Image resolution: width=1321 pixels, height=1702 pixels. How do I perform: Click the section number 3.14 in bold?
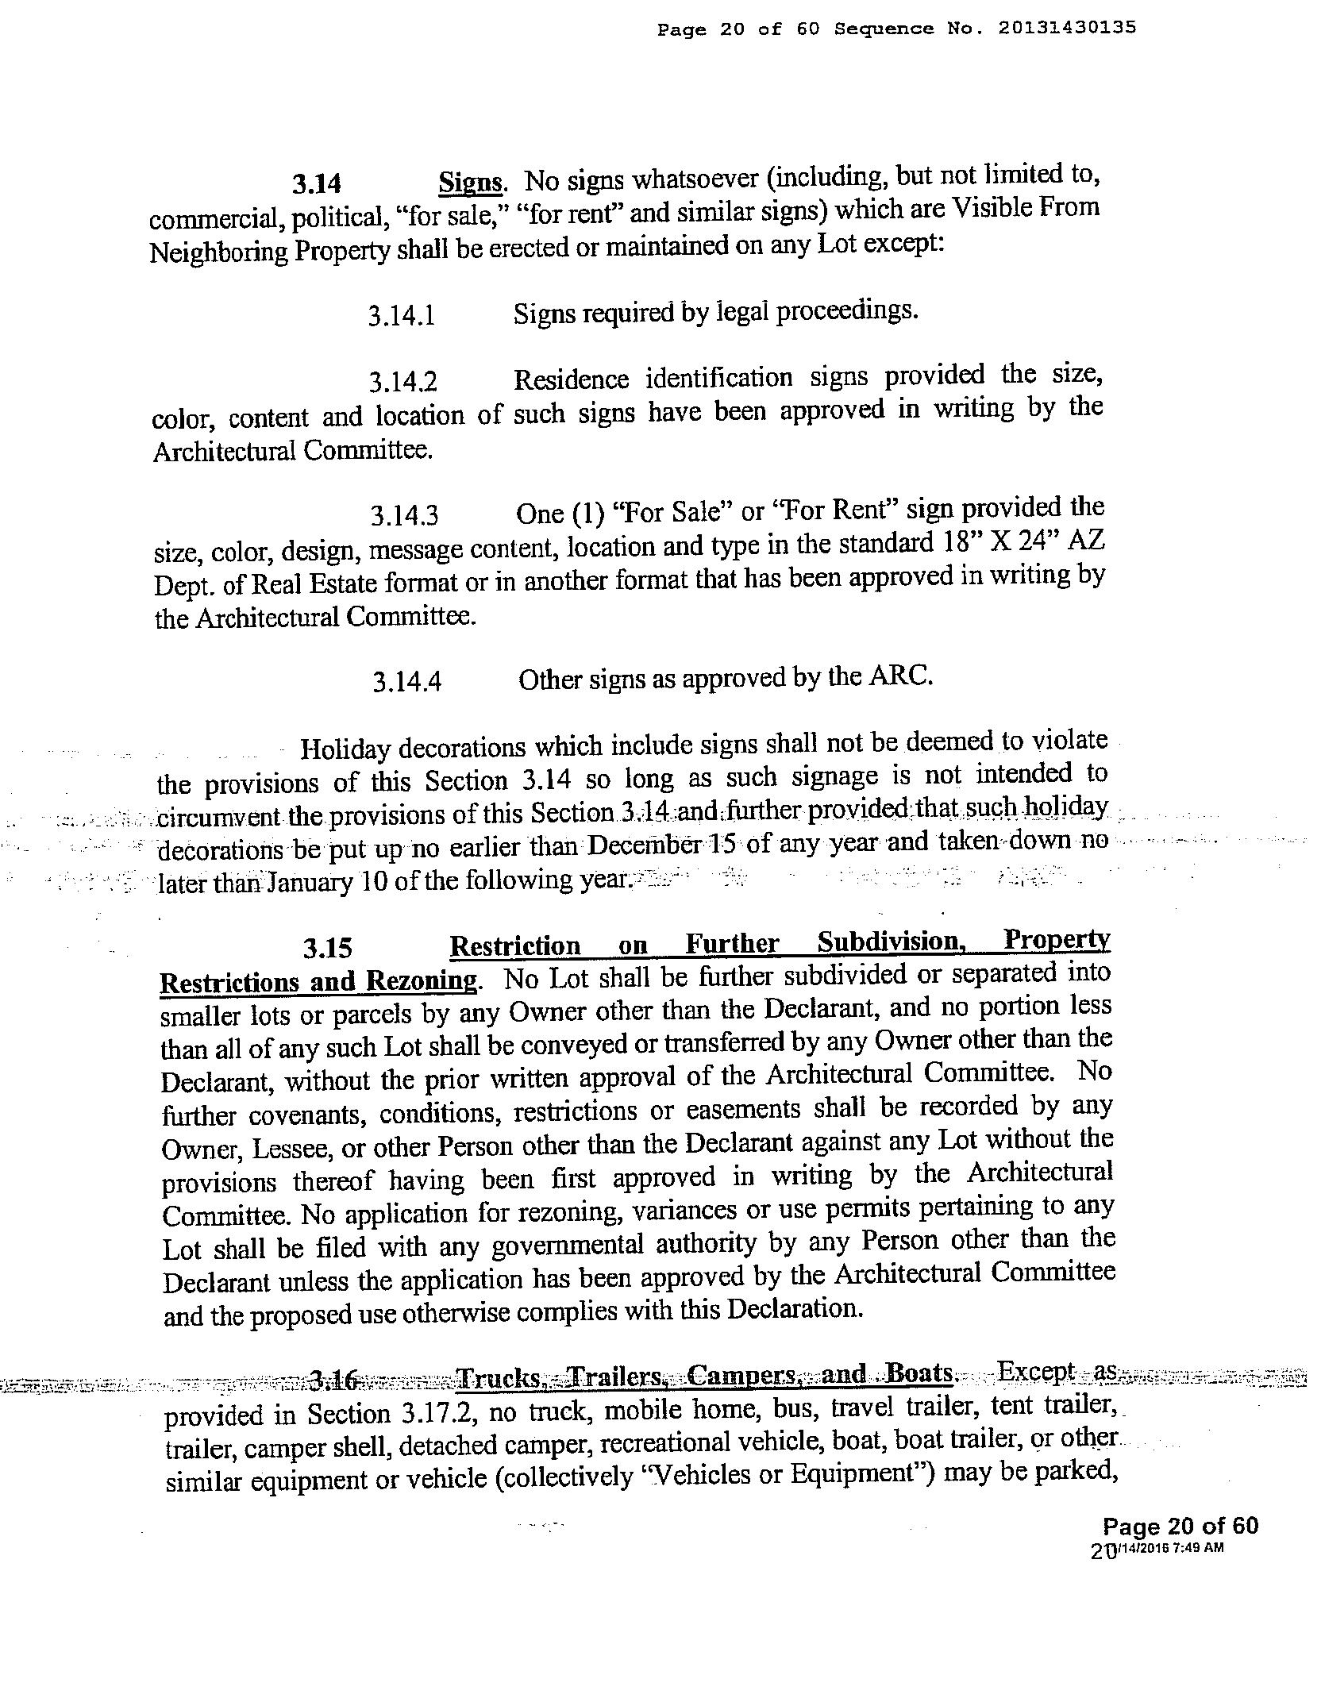(316, 184)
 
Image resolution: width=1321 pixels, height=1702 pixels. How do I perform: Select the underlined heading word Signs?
(470, 183)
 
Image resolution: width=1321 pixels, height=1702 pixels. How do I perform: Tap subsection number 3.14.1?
(402, 316)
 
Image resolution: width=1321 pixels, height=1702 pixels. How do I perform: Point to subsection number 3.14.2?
(402, 383)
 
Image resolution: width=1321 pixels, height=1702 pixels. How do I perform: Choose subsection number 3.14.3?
(404, 517)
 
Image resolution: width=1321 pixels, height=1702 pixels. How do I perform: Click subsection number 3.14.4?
(406, 682)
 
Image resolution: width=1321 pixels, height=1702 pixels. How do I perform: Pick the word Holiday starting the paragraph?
(345, 749)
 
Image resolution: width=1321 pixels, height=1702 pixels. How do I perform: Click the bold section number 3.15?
(327, 948)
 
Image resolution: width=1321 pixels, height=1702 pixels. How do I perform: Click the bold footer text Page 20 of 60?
(1180, 1525)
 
